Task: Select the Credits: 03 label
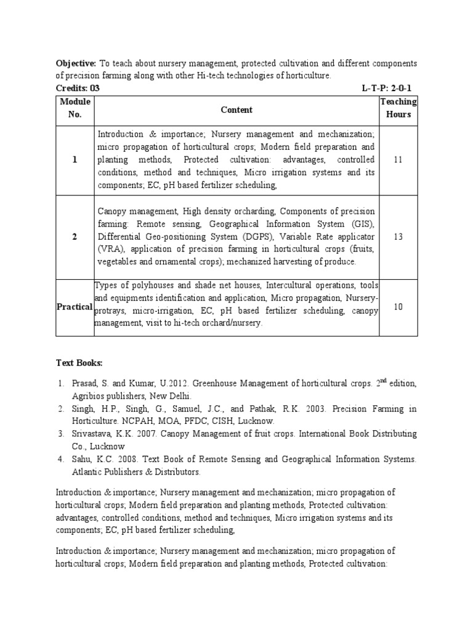point(78,88)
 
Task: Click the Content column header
point(236,110)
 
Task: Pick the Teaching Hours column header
point(398,108)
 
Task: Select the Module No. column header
point(75,108)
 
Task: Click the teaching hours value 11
point(398,160)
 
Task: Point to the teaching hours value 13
point(398,237)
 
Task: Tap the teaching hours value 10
point(398,306)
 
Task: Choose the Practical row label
point(75,306)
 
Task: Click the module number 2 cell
point(75,237)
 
